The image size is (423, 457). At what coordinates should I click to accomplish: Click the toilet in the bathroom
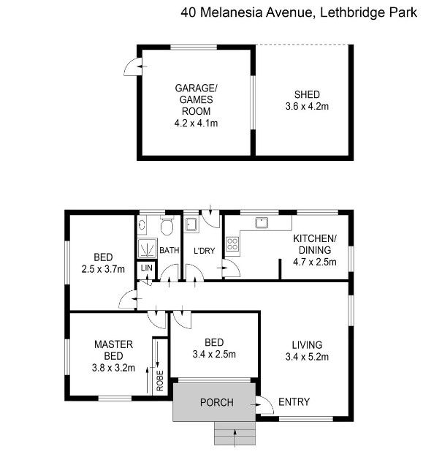tap(167, 225)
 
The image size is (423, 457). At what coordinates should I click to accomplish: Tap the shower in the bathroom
tap(148, 249)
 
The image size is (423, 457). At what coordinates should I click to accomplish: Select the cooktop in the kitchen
tap(232, 244)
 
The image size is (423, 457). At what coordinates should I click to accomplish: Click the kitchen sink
tap(262, 223)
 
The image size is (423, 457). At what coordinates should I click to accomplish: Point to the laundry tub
tap(191, 224)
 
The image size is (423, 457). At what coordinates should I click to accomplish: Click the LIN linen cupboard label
tap(146, 268)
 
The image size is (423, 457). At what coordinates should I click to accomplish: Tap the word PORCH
tap(216, 402)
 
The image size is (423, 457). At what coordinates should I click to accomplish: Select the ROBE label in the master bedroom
tap(160, 381)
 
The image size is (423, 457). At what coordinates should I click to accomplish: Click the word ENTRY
tap(294, 402)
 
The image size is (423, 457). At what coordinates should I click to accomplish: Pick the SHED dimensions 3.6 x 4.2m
tap(307, 106)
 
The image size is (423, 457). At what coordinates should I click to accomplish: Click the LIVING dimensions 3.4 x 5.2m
tap(307, 357)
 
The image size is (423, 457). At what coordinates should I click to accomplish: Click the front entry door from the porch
tap(265, 405)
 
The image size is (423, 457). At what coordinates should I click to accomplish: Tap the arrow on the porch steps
tap(235, 437)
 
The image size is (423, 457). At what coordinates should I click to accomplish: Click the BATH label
tap(169, 250)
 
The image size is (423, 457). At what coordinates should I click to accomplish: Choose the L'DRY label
tap(204, 250)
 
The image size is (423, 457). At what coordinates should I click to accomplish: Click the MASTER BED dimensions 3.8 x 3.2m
tap(113, 368)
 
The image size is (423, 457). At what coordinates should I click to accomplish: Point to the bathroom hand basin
tap(142, 224)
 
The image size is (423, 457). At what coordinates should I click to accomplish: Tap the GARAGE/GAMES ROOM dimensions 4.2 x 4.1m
tap(196, 124)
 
